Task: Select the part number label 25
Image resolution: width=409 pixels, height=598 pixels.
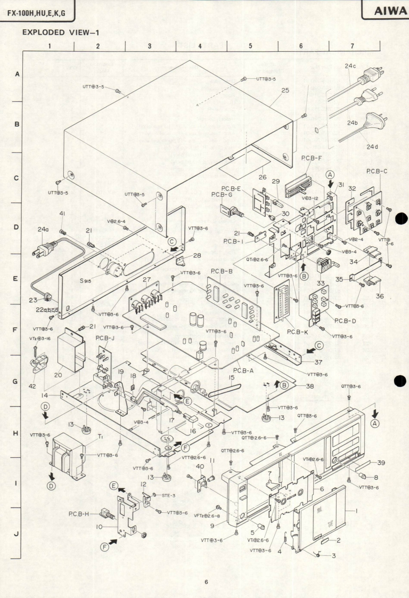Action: tap(285, 90)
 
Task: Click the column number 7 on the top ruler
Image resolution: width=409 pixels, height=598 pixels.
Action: tap(353, 46)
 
